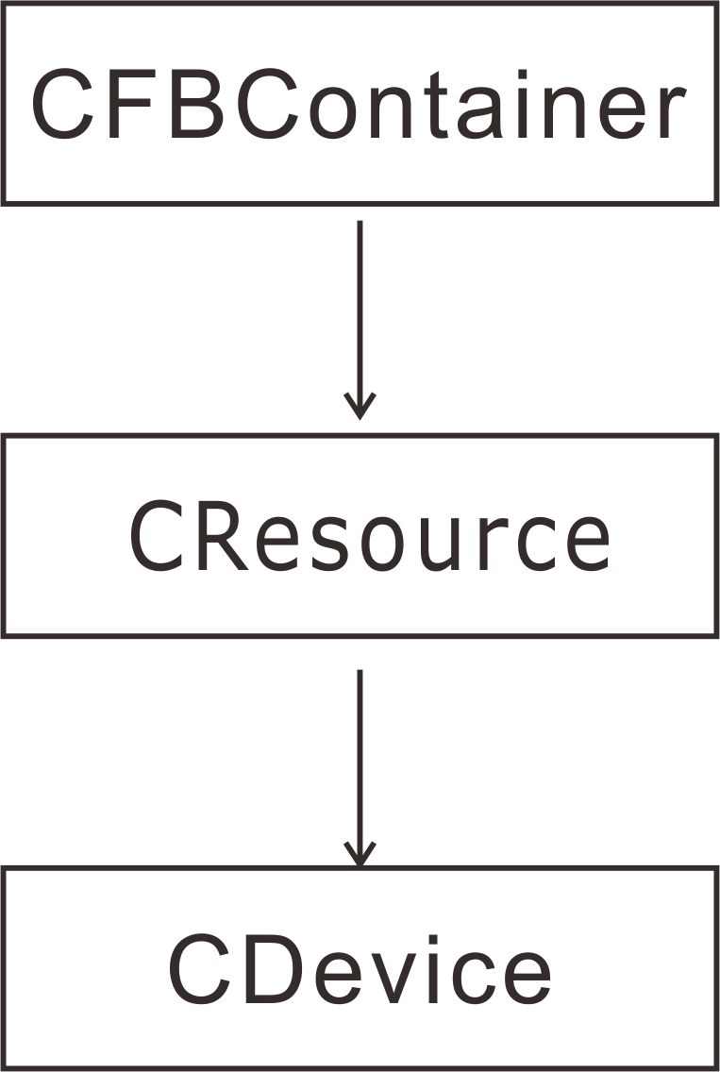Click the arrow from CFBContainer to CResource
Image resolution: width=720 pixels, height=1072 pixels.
(359, 302)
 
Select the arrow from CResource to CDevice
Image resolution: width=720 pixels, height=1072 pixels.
(359, 745)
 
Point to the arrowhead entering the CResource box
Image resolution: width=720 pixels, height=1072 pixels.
(359, 408)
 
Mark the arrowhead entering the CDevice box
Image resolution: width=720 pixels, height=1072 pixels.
(359, 854)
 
